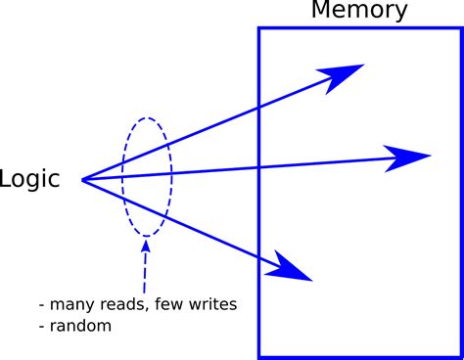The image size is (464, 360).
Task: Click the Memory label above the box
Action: [360, 11]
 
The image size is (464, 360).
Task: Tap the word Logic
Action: [29, 179]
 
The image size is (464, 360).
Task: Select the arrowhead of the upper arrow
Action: [343, 75]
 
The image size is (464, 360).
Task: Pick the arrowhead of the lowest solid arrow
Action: [292, 267]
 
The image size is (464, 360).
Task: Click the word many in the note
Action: [72, 304]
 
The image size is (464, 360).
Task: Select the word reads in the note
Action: [127, 304]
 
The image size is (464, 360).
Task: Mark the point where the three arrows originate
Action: [82, 180]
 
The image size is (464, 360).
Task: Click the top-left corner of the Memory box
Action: [259, 27]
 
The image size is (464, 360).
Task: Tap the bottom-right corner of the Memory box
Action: [461, 356]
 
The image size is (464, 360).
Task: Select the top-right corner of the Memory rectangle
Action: [461, 27]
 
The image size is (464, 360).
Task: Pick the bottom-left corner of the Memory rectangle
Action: [259, 356]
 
